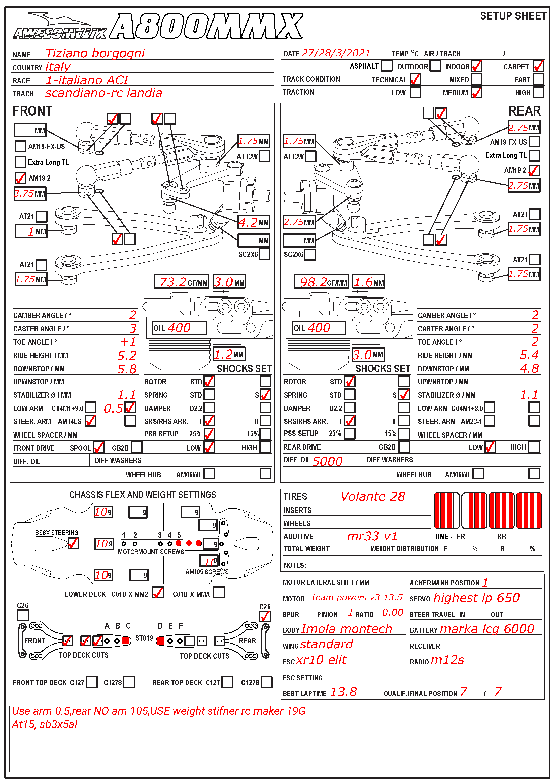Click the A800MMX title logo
[x=207, y=26]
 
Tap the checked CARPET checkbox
[x=538, y=66]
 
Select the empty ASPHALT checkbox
[x=387, y=66]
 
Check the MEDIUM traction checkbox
[x=476, y=92]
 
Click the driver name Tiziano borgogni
[x=95, y=53]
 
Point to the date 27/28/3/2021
[x=336, y=53]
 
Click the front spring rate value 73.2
[x=173, y=282]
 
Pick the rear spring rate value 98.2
[x=313, y=282]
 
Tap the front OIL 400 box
[x=179, y=328]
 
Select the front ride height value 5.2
[x=127, y=356]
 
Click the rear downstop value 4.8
[x=529, y=369]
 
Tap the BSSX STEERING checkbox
[x=73, y=543]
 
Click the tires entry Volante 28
[x=372, y=497]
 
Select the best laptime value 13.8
[x=343, y=692]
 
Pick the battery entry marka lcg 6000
[x=487, y=629]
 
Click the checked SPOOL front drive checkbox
[x=98, y=447]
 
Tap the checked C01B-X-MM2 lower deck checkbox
[x=158, y=593]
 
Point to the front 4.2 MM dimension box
[x=254, y=223]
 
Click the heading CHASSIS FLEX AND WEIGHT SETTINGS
[x=143, y=495]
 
